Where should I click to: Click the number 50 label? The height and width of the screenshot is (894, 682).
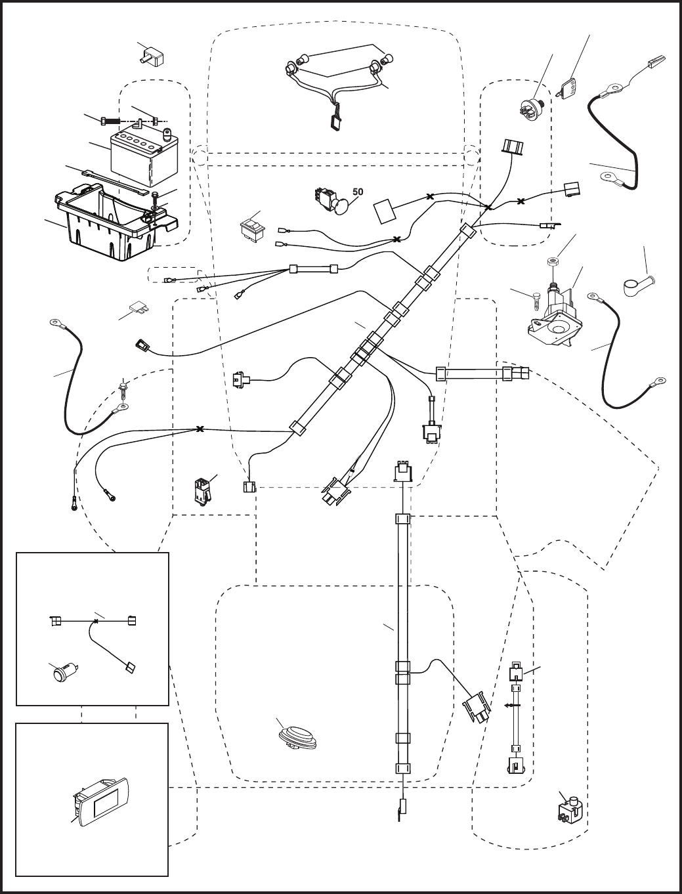[x=358, y=191]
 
